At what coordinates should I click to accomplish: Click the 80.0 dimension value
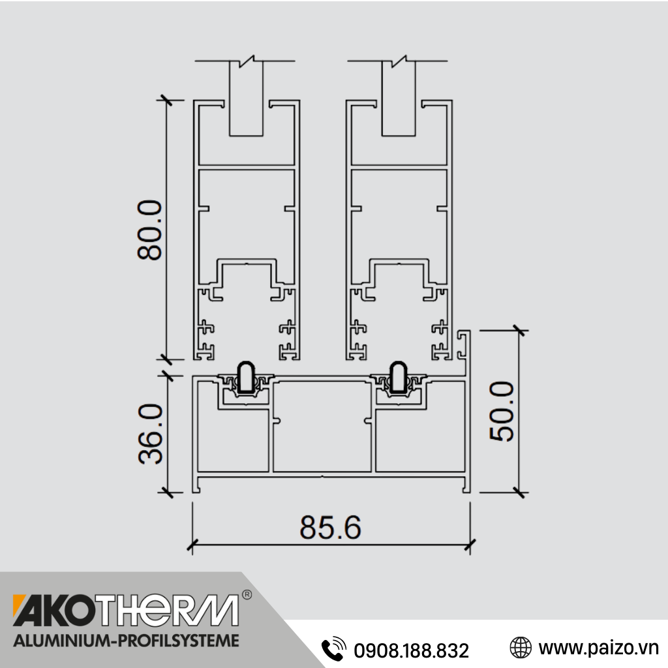150,230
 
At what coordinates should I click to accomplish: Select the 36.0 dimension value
151,434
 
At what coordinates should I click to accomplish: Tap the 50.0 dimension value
502,411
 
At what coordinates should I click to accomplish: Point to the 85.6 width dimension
331,527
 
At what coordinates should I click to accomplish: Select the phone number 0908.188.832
412,650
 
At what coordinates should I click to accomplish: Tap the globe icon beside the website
521,648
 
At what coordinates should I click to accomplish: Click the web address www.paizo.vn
599,648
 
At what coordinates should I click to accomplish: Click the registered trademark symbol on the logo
247,595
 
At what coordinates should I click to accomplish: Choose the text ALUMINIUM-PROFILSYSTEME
127,641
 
